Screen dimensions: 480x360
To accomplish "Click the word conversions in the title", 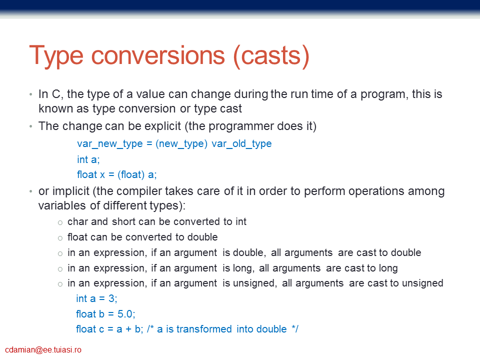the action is tap(158, 55).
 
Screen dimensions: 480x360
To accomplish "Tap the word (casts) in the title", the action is tap(271, 56).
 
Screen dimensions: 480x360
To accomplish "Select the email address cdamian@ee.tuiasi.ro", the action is tap(43, 350).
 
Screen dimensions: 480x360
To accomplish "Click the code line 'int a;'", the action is tap(88, 159).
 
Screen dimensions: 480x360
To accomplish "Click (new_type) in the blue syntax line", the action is tap(181, 143).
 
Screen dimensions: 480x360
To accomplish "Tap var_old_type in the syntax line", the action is tap(241, 143).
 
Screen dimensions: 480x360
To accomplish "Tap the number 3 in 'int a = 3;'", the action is tap(111, 298).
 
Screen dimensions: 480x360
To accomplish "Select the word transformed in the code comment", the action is tap(204, 329).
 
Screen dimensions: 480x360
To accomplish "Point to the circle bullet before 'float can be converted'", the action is tap(60, 238).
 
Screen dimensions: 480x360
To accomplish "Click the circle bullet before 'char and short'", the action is tap(60, 222).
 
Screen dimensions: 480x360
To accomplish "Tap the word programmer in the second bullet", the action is tap(240, 126).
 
